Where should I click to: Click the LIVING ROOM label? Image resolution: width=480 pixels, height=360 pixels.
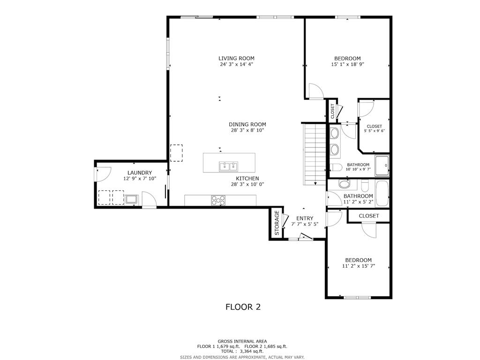236,59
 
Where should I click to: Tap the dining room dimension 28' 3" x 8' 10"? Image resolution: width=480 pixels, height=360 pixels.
247,130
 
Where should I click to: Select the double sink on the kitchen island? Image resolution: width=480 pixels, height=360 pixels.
229,165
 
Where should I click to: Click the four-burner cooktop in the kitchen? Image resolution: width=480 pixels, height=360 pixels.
218,200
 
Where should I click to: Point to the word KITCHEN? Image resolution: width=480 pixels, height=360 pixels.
247,179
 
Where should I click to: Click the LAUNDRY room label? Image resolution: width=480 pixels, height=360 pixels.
134,172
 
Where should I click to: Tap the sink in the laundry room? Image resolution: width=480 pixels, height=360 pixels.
131,199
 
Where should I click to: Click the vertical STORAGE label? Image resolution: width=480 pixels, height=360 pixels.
277,223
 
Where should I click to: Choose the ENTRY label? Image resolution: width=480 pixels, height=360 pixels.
304,218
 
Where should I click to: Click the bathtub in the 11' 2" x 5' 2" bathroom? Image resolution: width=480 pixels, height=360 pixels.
382,193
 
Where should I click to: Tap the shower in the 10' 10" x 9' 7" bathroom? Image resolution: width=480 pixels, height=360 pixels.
382,165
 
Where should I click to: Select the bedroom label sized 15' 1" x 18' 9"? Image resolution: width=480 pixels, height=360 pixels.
347,59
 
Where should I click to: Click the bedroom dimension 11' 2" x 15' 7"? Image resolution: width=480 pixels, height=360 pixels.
358,266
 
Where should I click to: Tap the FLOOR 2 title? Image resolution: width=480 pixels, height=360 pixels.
243,307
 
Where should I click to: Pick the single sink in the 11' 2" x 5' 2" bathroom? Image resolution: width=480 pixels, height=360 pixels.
344,183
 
